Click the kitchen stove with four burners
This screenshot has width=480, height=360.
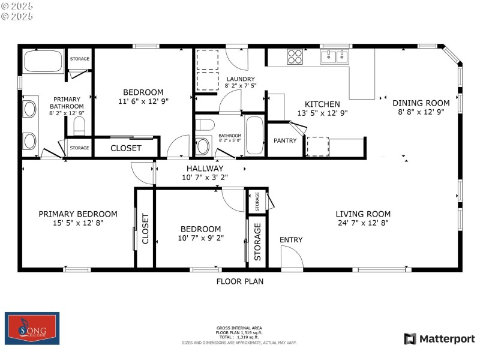(295, 56)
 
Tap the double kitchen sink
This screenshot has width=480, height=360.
(334, 57)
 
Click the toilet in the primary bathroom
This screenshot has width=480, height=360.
(79, 125)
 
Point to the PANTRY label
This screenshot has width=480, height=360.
(286, 140)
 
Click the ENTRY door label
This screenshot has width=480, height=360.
(291, 240)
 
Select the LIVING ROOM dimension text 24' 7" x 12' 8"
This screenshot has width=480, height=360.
(363, 223)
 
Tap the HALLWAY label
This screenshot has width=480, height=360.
(205, 169)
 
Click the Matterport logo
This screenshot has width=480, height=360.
(439, 339)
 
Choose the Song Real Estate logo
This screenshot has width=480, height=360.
(32, 328)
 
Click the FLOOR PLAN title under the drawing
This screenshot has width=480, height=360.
(240, 281)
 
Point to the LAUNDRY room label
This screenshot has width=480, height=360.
(240, 79)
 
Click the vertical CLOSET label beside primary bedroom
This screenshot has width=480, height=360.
(145, 229)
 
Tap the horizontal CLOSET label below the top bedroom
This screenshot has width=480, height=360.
(126, 148)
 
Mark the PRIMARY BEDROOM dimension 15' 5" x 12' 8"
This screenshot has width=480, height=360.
(78, 223)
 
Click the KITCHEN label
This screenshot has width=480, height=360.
(322, 104)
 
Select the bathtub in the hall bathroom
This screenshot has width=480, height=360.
(254, 134)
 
